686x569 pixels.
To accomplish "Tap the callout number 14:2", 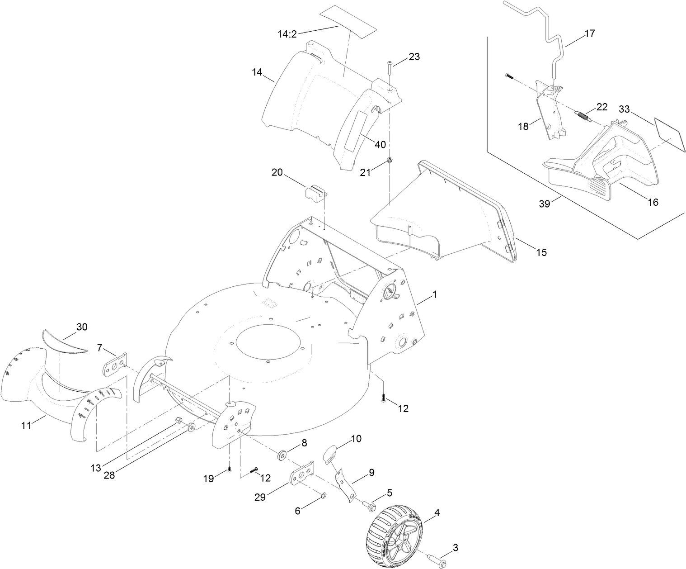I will point(287,33).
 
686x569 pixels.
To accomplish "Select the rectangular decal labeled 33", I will point(670,134).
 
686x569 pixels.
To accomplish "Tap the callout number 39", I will point(545,204).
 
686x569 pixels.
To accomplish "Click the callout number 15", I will point(541,252).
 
